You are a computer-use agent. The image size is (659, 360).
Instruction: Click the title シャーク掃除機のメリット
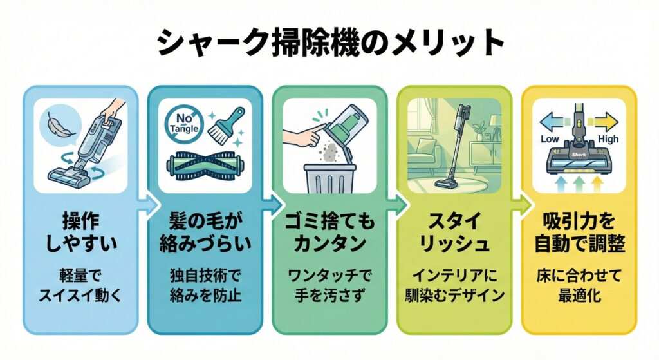329,43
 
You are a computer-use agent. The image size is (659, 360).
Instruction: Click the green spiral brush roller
205,167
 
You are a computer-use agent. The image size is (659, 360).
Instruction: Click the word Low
549,139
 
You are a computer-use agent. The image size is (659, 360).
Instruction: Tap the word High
608,139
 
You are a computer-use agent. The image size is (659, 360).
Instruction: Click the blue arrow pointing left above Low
551,120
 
